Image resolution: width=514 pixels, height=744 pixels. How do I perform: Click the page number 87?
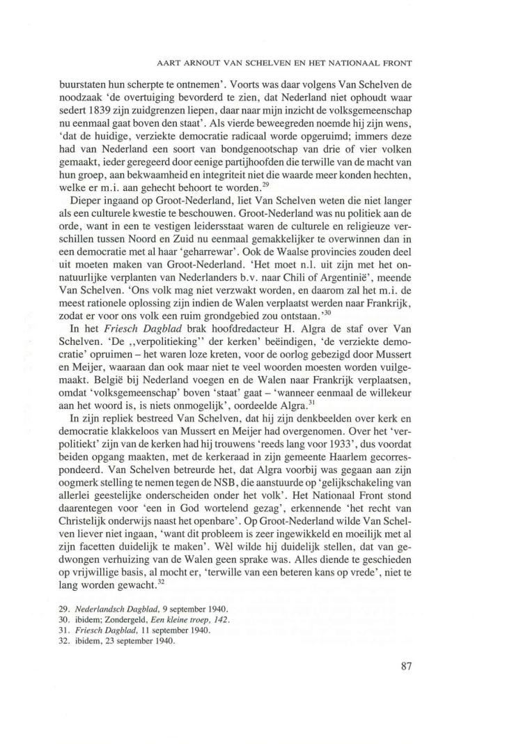(408, 665)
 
